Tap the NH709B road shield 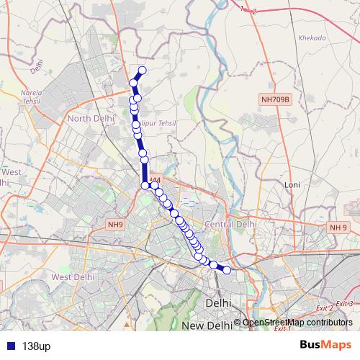pos(274,100)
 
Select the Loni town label pos(292,185)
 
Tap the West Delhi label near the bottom pos(73,276)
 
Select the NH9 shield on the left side pos(115,225)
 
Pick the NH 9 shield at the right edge pos(338,228)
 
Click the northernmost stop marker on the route pos(142,70)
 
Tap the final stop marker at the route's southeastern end pos(227,270)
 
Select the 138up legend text pos(36,346)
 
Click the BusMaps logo pos(325,345)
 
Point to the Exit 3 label pos(344,304)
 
